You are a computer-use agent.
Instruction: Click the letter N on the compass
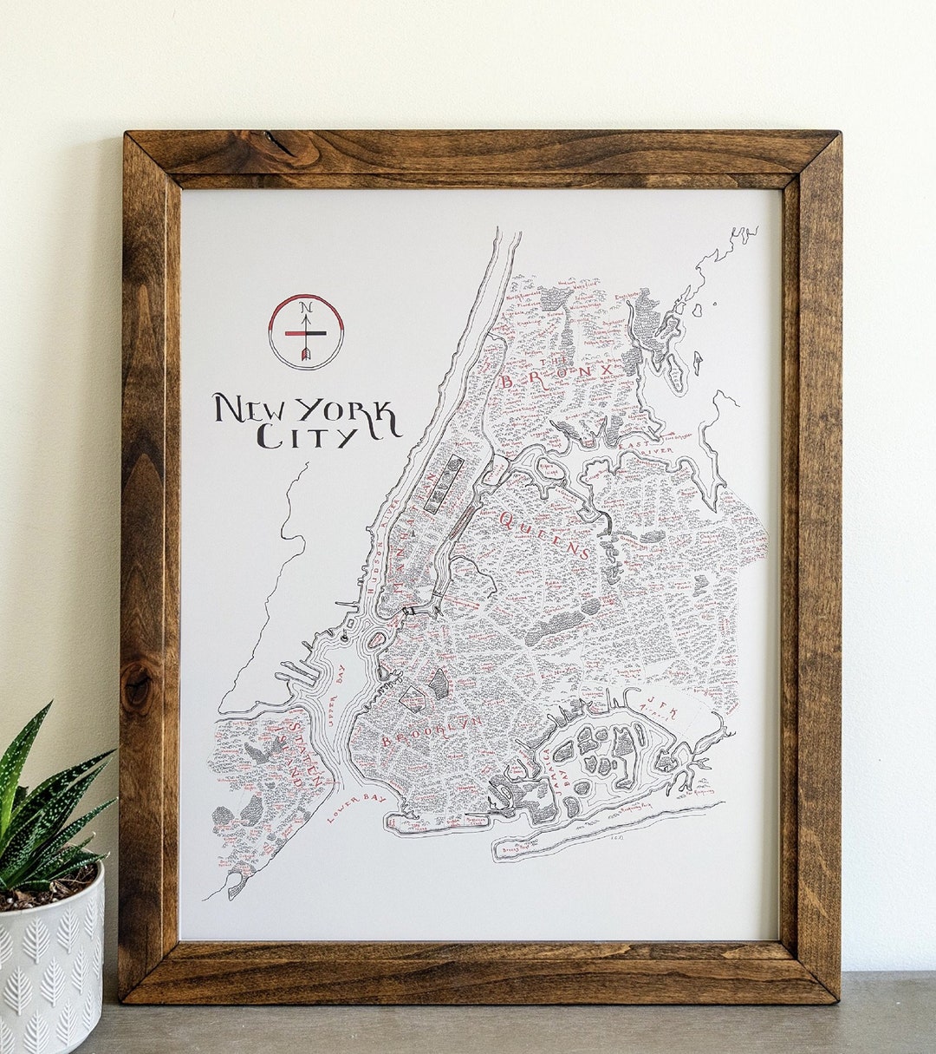tap(305, 307)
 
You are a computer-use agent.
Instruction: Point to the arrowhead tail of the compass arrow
tap(305, 355)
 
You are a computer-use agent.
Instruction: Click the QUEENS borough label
tap(543, 534)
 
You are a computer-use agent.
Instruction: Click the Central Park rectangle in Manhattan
tap(444, 483)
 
